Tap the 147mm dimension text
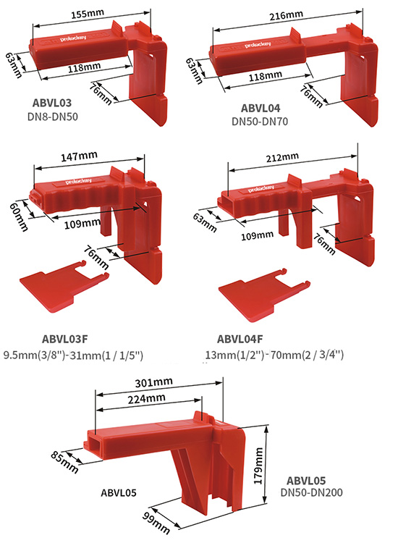[78, 156]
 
